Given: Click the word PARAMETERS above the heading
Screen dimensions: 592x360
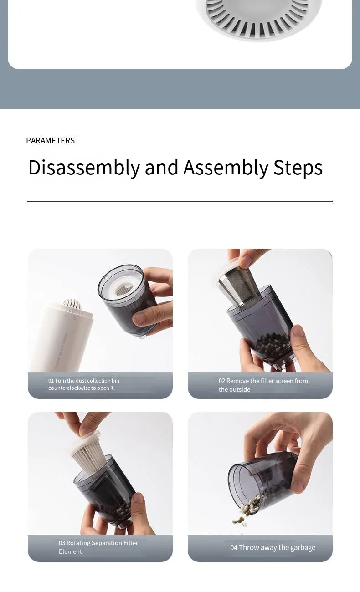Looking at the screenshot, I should point(50,141).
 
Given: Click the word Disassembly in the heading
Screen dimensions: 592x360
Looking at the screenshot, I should point(84,168).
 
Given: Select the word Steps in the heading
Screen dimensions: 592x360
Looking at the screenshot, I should point(298,168).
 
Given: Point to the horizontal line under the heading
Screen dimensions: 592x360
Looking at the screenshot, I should point(180,201).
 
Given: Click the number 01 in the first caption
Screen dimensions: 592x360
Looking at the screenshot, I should point(51,381).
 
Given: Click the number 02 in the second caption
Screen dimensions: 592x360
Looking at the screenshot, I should point(222,381).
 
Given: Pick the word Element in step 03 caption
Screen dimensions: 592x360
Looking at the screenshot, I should point(70,551).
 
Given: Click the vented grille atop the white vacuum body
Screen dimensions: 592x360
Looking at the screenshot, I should point(72,304).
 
